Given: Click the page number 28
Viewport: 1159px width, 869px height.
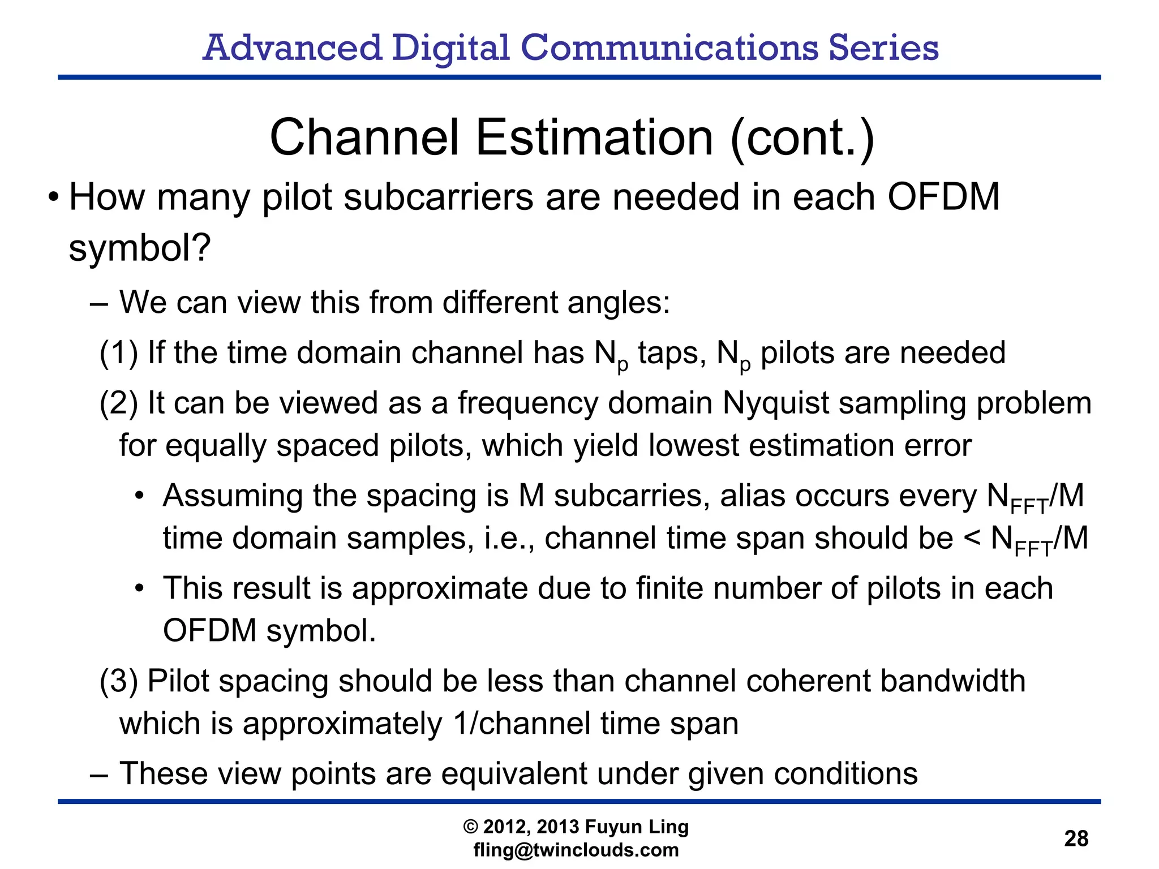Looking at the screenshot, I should point(1076,838).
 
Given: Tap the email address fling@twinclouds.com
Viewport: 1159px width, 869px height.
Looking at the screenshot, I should point(576,850).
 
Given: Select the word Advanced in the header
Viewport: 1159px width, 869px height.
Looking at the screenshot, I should point(292,48).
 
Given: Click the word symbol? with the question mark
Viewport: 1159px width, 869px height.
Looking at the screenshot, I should point(140,248).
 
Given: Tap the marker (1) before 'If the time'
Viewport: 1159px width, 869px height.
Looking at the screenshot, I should point(119,352).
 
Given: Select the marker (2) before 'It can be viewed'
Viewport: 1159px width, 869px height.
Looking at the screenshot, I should point(119,403).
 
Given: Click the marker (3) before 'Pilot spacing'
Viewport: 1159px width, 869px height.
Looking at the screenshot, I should point(119,681).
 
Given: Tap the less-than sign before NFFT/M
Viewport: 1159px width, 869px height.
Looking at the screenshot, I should point(972,537).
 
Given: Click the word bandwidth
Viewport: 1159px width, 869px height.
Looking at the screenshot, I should point(953,681).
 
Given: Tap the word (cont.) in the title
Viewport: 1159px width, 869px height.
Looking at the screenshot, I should point(802,138).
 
